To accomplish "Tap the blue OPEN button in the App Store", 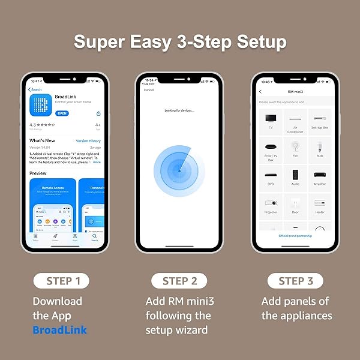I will tap(62, 113).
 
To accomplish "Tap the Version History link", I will tap(88, 141).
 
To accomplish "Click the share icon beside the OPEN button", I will tap(98, 113).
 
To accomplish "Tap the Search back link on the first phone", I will tap(37, 89).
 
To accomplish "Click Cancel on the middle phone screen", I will tap(149, 90).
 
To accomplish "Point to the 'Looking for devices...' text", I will tap(179, 111).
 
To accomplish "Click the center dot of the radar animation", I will tap(179, 171).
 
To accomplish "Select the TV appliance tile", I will tap(271, 119).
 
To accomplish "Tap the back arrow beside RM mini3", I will tap(260, 92).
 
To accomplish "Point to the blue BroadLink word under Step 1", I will tap(59, 329).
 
